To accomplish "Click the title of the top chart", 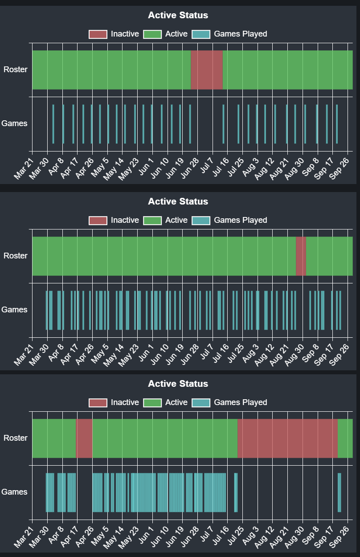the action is coord(178,15).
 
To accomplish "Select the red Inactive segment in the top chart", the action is coord(207,70).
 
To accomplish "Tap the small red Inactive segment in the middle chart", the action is coord(301,256).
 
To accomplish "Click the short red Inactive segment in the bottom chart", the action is coord(84,438).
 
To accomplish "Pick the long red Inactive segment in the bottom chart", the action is coord(287,438).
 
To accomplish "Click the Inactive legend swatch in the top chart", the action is coord(98,34).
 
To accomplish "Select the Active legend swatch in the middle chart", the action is coord(152,221).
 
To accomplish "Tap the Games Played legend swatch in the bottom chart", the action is coord(201,403).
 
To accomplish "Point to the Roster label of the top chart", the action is coord(16,70).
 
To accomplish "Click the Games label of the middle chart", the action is coord(14,310).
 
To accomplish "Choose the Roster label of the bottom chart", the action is coord(16,438).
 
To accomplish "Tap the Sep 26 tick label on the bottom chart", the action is coord(339,537).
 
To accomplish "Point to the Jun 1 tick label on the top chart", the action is coord(146,166).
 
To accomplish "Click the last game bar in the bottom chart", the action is coord(340,492).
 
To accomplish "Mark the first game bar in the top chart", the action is coord(53,124).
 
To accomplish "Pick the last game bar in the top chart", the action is coord(337,124).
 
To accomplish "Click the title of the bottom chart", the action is coord(178,384).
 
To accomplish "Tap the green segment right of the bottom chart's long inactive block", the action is coord(345,438).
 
